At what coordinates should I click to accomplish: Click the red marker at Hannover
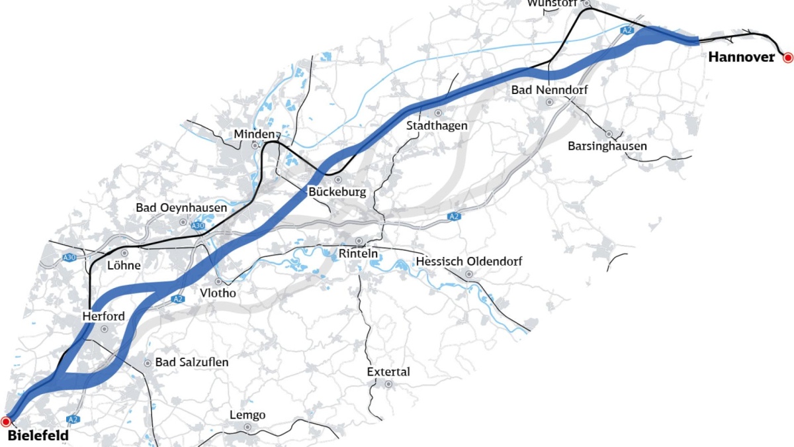pyautogui.click(x=787, y=58)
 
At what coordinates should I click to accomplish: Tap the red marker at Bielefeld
pyautogui.click(x=6, y=421)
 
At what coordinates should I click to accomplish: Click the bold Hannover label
pyautogui.click(x=741, y=58)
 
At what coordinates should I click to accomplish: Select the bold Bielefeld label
pyautogui.click(x=38, y=436)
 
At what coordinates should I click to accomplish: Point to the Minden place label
pyautogui.click(x=253, y=134)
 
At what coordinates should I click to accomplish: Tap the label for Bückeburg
pyautogui.click(x=337, y=192)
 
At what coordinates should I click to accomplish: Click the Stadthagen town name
pyautogui.click(x=437, y=125)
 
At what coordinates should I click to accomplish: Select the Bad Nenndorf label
pyautogui.click(x=549, y=89)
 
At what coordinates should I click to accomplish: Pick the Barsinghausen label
pyautogui.click(x=607, y=146)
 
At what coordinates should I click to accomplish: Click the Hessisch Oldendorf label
pyautogui.click(x=468, y=262)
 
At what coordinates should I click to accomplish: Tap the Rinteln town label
pyautogui.click(x=358, y=254)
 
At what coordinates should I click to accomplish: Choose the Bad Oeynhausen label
pyautogui.click(x=181, y=207)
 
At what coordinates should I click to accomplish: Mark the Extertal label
pyautogui.click(x=388, y=372)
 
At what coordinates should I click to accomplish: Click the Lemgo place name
pyautogui.click(x=247, y=415)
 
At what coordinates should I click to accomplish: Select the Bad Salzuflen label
pyautogui.click(x=191, y=362)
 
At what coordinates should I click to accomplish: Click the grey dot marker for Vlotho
pyautogui.click(x=218, y=281)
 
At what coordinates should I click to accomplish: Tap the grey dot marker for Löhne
pyautogui.click(x=124, y=253)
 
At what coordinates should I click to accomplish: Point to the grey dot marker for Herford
pyautogui.click(x=104, y=328)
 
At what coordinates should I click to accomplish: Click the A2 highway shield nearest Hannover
pyautogui.click(x=627, y=30)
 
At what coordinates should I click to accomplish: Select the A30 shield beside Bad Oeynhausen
pyautogui.click(x=198, y=226)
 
